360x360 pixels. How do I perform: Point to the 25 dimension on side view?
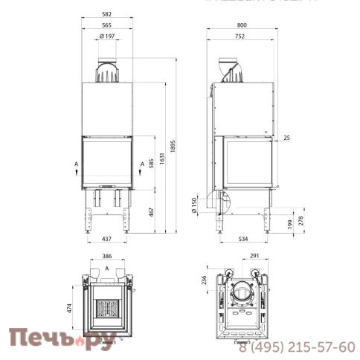click(286, 138)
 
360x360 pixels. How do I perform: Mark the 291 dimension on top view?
click(255, 256)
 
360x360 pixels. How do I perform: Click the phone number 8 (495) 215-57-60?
click(298, 347)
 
